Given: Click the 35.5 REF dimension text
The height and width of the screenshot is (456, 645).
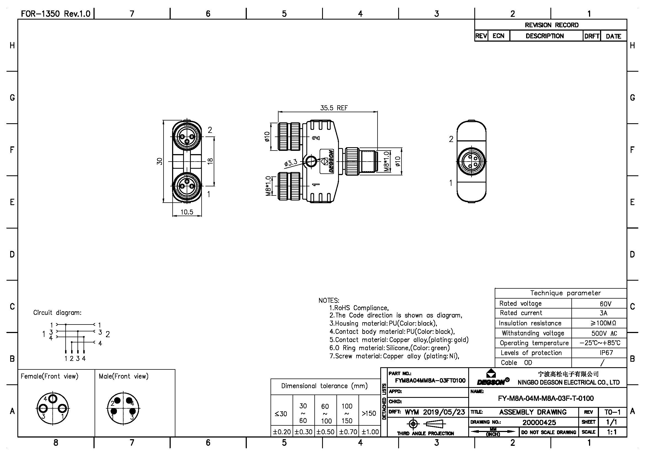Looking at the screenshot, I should [334, 108].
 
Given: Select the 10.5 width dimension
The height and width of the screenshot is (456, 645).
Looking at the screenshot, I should [187, 212].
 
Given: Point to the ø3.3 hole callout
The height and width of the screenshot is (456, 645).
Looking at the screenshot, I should [290, 163].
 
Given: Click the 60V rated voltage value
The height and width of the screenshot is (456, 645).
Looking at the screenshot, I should [605, 304].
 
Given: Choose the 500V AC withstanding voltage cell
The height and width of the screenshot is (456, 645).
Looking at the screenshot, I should [604, 333].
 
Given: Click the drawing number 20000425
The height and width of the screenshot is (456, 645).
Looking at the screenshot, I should [539, 422].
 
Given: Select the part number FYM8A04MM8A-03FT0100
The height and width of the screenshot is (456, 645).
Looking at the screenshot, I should [430, 381].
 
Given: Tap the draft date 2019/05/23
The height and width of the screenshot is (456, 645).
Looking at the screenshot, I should [444, 412].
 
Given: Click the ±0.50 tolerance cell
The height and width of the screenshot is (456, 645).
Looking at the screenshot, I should [325, 432].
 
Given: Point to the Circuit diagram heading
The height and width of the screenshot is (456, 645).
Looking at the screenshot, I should [57, 313].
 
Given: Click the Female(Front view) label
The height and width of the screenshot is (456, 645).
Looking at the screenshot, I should [49, 376].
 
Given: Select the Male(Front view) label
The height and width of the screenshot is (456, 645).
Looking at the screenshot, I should [123, 376].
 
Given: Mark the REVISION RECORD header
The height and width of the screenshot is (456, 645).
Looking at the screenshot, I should [552, 25].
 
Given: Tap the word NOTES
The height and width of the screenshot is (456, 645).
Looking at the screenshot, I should [329, 301].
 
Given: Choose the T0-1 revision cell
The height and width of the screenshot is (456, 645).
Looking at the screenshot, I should [612, 412].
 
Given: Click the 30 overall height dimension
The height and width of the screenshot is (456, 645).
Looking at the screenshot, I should [160, 161].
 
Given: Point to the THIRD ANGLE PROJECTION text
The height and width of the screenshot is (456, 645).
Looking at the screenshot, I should [425, 433].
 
